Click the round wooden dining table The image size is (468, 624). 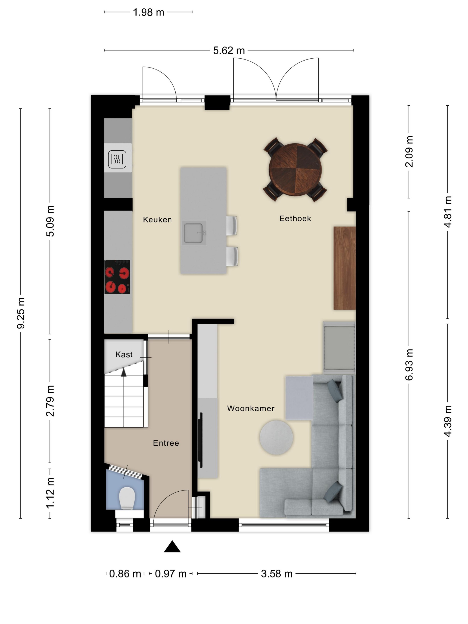pos(295,170)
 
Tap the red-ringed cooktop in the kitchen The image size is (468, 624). pos(117,277)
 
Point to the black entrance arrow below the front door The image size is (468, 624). pos(172,546)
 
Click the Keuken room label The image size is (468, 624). pos(157,220)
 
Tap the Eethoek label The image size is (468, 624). pos(295,219)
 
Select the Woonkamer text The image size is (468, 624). pos(251,408)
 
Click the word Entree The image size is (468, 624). pos(166,443)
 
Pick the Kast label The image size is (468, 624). pos(124,355)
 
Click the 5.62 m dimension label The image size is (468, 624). pos(229,51)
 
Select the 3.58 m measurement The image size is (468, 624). pos(277,574)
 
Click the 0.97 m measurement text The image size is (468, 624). pos(171,574)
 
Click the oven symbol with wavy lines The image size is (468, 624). pos(117,159)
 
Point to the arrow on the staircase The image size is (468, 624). pos(123,373)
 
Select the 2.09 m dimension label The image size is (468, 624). pos(409,152)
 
